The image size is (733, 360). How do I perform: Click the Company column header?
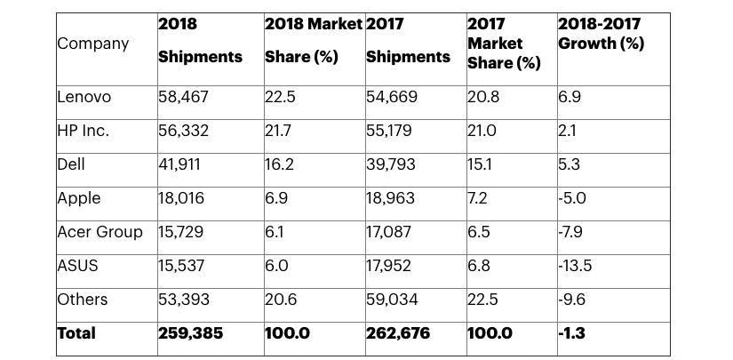tap(93, 44)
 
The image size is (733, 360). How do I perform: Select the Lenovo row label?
tap(85, 97)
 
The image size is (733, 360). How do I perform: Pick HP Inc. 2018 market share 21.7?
tap(280, 131)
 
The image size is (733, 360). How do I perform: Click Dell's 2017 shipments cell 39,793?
tap(392, 164)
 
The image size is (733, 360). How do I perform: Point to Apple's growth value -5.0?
tap(573, 198)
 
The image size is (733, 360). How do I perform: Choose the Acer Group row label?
tap(100, 232)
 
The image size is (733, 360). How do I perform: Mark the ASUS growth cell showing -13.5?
tap(576, 266)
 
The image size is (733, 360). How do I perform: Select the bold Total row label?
tap(76, 333)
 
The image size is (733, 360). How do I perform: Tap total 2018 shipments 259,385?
tap(191, 333)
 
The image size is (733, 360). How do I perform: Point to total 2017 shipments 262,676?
tap(399, 333)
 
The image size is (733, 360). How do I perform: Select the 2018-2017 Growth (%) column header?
tap(601, 34)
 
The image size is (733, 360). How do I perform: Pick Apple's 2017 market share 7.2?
tap(478, 198)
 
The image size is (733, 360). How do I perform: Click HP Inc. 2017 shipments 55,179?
tap(391, 131)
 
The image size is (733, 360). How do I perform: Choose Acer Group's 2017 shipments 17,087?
tap(391, 232)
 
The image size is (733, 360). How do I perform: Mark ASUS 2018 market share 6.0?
tap(277, 266)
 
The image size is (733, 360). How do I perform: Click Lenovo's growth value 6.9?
tap(570, 97)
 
